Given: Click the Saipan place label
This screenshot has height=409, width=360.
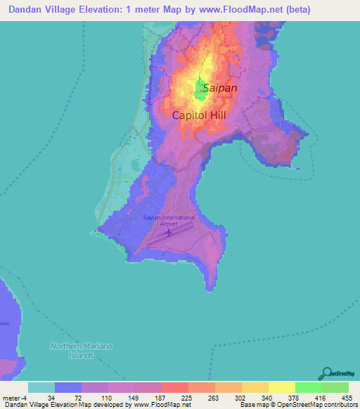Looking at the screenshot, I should point(220,88).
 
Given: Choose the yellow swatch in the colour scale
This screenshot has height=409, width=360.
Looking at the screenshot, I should point(281,387).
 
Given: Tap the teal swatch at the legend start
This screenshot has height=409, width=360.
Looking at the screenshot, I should point(41,387).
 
